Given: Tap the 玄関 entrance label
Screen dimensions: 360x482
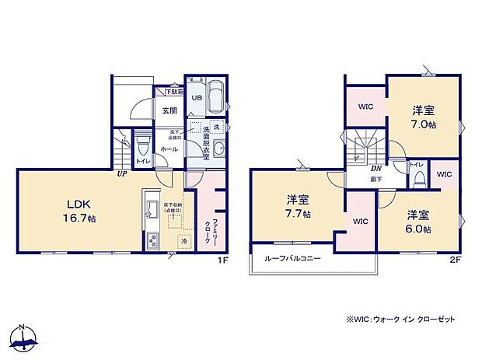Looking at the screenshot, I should [169, 111].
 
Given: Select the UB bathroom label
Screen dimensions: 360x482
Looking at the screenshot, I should [197, 98].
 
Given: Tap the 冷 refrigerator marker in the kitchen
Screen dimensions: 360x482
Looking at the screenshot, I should [184, 242].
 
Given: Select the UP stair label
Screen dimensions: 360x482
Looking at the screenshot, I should [122, 173].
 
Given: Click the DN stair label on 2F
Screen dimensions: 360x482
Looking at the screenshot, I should [375, 170].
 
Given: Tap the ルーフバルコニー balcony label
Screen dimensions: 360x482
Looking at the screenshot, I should [292, 258].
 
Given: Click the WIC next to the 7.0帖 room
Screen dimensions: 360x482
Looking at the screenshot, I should [366, 107].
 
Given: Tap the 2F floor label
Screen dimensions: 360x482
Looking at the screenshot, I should [456, 260].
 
